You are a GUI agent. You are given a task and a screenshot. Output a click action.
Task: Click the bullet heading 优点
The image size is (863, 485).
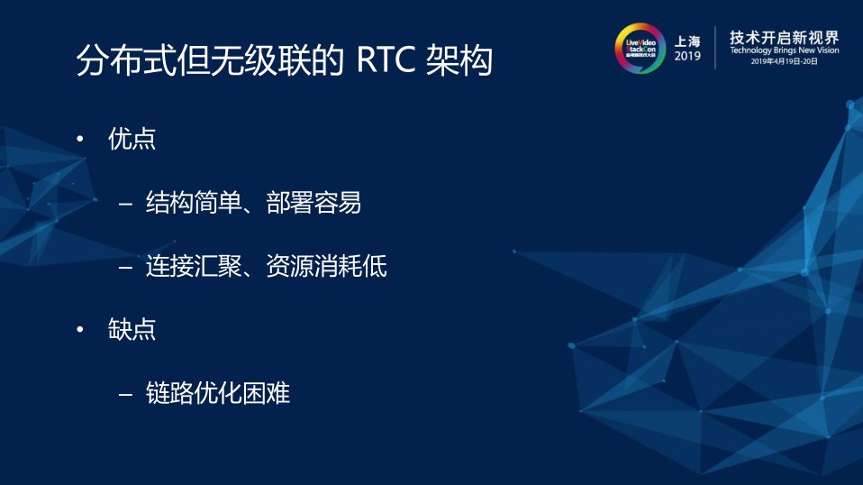[x=132, y=140]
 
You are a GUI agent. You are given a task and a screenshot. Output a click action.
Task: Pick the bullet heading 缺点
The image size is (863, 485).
[x=132, y=330]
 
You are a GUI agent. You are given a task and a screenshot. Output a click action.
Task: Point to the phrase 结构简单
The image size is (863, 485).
[x=193, y=203]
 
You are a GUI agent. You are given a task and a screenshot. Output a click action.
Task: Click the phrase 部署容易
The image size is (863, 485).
[x=314, y=203]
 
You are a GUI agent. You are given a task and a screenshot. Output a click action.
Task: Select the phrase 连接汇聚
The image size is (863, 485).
[x=193, y=267]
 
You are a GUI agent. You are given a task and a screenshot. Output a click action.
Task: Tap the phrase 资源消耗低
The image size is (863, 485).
[x=326, y=267]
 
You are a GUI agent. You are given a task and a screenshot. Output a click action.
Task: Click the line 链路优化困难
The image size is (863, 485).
[x=217, y=394]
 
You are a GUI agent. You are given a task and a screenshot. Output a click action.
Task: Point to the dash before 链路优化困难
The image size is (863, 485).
[x=126, y=394]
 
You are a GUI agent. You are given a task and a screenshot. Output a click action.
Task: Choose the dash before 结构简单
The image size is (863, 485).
[x=126, y=204]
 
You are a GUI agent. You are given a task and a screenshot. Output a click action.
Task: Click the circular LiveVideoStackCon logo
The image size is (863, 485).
[x=640, y=48]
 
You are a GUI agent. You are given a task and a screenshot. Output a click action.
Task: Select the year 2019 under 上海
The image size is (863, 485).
[x=687, y=57]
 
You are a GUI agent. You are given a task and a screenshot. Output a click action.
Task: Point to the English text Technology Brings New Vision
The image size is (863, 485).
[x=784, y=52]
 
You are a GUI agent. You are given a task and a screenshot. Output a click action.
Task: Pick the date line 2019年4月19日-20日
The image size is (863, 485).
[x=784, y=63]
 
